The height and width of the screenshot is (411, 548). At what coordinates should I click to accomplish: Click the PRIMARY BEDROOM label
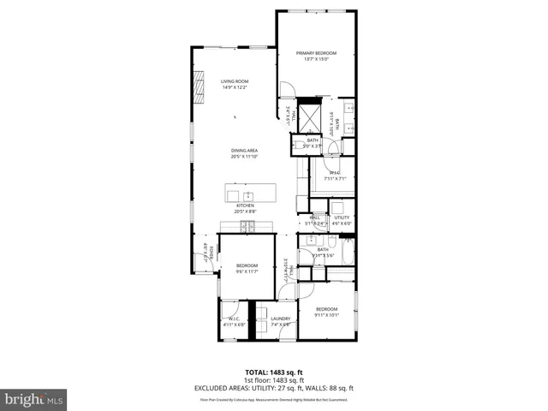tap(316, 53)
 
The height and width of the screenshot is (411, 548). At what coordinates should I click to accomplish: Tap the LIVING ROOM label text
tap(234, 81)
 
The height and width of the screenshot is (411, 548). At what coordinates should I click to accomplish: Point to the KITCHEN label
tap(245, 205)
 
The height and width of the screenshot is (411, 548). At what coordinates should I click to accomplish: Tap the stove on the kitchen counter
tap(247, 226)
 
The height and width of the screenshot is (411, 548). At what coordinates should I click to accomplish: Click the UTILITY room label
tap(342, 217)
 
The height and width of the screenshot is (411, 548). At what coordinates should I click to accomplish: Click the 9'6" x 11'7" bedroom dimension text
tap(247, 271)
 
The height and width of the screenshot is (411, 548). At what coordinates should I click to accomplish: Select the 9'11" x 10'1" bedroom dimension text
tap(327, 314)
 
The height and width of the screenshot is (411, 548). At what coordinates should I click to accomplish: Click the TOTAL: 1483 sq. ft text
tap(274, 372)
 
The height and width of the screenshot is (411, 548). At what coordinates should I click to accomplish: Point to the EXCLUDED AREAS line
tap(274, 388)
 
